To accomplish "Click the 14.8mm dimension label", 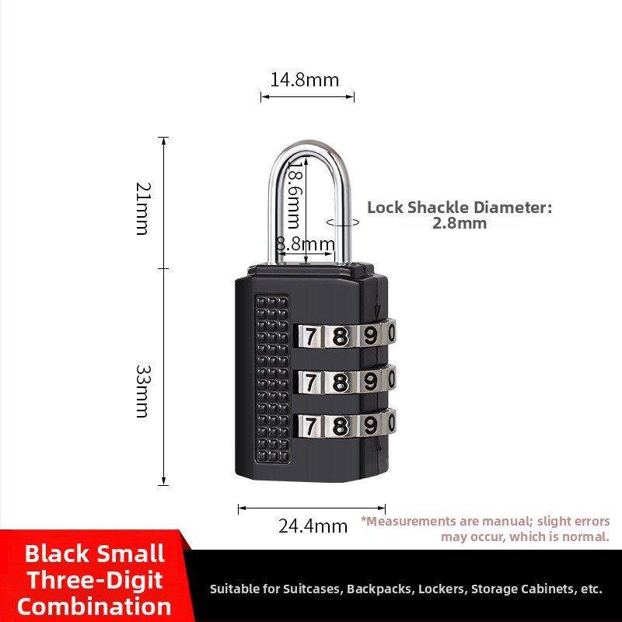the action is pos(305,80).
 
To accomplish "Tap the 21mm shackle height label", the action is pos(143,208).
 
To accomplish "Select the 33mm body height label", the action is pos(143,392).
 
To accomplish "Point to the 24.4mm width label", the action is pos(313,526).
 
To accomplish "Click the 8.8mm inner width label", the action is pos(306,244).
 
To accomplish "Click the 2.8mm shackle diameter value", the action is pos(460,223).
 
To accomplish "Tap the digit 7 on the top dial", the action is pos(310,337).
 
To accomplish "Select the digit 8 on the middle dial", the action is pos(340,383).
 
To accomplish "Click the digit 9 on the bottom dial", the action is pos(370,426).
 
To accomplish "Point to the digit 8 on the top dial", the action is pos(340,337).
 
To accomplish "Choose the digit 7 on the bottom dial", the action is pos(310,426).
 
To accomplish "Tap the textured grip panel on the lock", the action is pos(272,379).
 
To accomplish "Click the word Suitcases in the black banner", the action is pos(313,589).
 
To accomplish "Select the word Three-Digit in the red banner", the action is pos(95,580).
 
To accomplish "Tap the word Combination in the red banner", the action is pos(94,607).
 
